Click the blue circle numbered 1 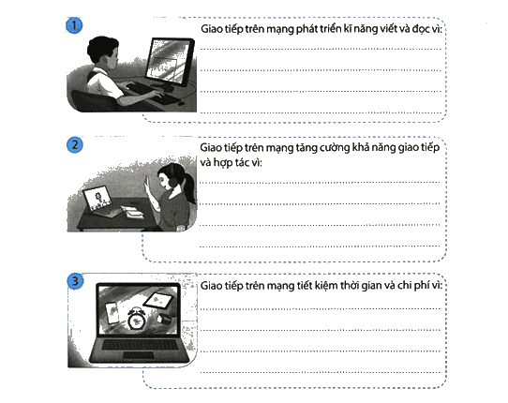(x=74, y=25)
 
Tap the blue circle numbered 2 (x=75, y=145)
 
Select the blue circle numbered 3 (x=75, y=281)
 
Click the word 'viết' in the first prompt (x=388, y=28)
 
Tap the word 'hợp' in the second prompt (x=222, y=163)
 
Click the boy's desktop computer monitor (x=170, y=62)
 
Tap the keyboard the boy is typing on (x=152, y=94)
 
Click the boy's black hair (x=101, y=49)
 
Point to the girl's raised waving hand (x=148, y=185)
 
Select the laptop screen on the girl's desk (x=97, y=199)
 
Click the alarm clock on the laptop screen (x=136, y=319)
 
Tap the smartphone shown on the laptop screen (x=112, y=313)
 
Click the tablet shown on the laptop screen (x=158, y=301)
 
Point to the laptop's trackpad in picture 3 (x=139, y=354)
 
